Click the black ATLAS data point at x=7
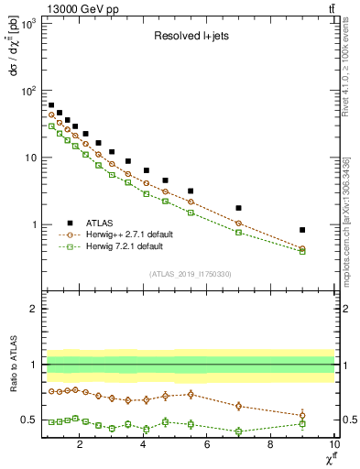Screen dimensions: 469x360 (x=239, y=208)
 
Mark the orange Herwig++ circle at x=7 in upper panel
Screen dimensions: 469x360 (x=239, y=224)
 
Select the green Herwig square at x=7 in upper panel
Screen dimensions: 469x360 (x=239, y=233)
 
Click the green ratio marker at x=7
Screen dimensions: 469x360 (x=239, y=431)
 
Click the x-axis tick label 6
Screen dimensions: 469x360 (x=207, y=446)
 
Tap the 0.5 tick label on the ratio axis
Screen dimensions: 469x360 (x=30, y=420)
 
